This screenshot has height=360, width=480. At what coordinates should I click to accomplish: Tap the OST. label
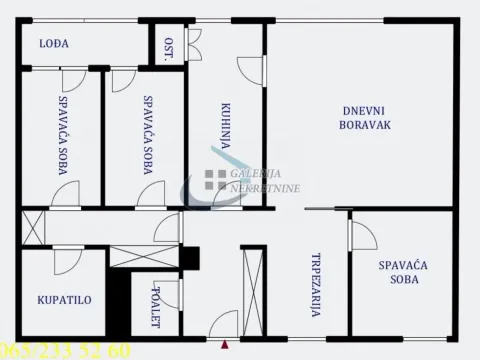[169, 49]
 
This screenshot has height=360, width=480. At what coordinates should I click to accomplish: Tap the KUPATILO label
[59, 299]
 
